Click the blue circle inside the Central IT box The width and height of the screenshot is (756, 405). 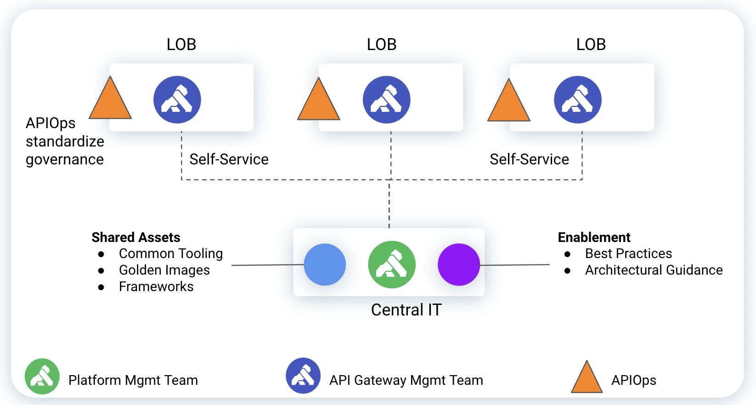pyautogui.click(x=325, y=264)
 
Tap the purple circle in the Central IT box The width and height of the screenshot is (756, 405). pyautogui.click(x=458, y=264)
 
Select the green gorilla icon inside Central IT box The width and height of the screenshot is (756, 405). pyautogui.click(x=392, y=264)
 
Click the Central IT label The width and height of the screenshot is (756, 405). pyautogui.click(x=406, y=310)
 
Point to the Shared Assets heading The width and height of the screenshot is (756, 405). pyautogui.click(x=136, y=237)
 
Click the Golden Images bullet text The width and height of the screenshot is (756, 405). pyautogui.click(x=164, y=270)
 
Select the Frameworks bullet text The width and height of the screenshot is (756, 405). pyautogui.click(x=156, y=287)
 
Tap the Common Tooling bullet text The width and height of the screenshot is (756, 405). pyautogui.click(x=170, y=253)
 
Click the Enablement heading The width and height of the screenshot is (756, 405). pyautogui.click(x=594, y=237)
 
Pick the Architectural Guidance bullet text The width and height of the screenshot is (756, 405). pyautogui.click(x=654, y=270)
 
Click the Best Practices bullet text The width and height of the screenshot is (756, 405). pyautogui.click(x=628, y=253)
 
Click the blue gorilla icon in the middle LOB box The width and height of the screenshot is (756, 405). pyautogui.click(x=386, y=100)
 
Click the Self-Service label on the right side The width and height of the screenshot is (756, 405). pyautogui.click(x=529, y=159)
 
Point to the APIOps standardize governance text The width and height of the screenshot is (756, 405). pyautogui.click(x=64, y=141)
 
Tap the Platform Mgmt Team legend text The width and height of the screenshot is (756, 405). pyautogui.click(x=133, y=380)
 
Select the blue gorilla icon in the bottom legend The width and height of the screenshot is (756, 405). pyautogui.click(x=303, y=376)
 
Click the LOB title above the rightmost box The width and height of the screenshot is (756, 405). pyautogui.click(x=591, y=45)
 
